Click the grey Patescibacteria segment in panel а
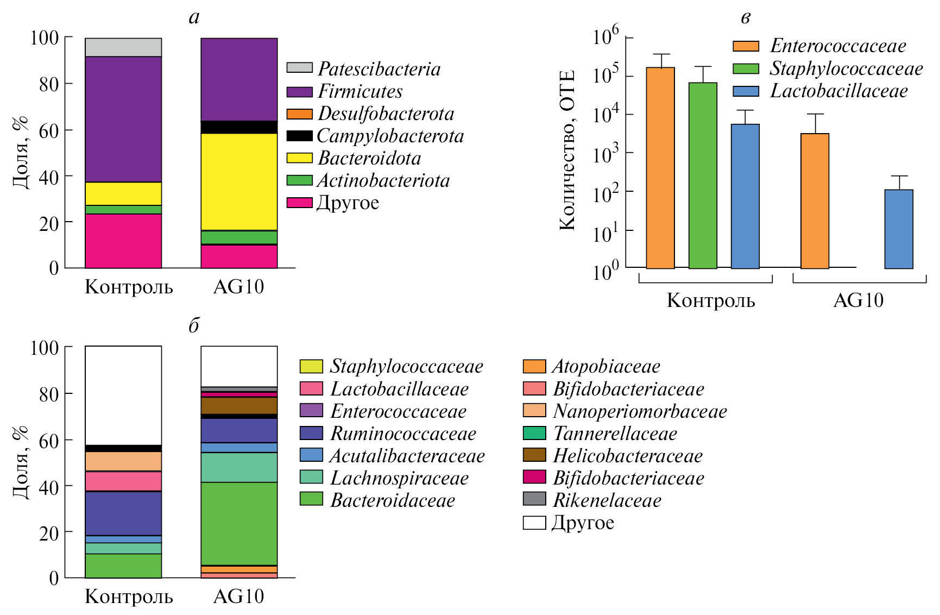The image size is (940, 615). (x=123, y=47)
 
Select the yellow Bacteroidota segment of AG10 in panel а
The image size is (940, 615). (x=239, y=181)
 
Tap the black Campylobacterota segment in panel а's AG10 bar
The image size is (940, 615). (x=239, y=127)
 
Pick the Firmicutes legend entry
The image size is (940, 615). (x=360, y=91)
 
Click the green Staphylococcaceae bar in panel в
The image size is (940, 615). (x=703, y=175)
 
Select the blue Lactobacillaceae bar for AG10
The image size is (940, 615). (x=899, y=229)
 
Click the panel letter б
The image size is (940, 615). (x=194, y=325)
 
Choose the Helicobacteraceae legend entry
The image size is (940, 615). (x=627, y=455)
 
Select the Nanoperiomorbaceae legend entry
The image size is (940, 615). (x=639, y=411)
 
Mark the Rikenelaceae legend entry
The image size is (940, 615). (x=607, y=500)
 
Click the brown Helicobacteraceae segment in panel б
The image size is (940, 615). (x=239, y=405)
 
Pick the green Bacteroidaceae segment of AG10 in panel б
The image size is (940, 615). (x=239, y=523)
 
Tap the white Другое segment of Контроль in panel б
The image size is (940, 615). (x=123, y=395)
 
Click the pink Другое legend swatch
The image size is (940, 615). (x=300, y=203)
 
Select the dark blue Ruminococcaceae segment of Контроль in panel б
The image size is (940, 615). (x=123, y=513)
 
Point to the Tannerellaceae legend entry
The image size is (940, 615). (x=615, y=433)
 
